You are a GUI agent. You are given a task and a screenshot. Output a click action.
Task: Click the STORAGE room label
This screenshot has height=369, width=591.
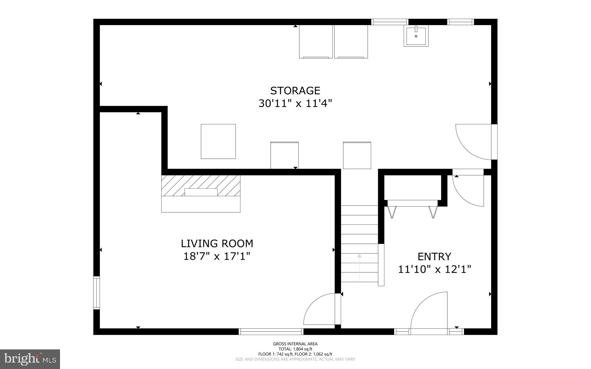point(295,91)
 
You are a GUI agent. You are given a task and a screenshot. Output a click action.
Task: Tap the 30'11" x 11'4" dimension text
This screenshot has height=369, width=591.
point(295,103)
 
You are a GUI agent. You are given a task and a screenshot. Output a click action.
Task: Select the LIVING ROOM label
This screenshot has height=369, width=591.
point(217,243)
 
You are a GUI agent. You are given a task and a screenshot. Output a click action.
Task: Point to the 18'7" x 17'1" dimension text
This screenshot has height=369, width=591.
point(217,256)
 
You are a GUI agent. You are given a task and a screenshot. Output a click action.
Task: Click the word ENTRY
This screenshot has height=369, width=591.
point(434,256)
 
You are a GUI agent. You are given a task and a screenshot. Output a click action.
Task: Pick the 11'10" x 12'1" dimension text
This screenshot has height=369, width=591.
point(434,269)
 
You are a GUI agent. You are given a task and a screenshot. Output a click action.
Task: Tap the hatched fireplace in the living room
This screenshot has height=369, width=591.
point(201,185)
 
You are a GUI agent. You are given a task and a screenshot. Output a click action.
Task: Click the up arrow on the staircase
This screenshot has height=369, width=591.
point(359,256)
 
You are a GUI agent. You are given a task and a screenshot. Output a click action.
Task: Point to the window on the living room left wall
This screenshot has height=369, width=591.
point(96,293)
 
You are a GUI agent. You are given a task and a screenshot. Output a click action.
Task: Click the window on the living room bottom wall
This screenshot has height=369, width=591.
point(271,331)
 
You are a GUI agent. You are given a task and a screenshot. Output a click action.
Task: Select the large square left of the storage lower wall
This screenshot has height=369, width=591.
point(218,141)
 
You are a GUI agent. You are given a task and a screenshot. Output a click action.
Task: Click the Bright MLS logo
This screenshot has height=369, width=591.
point(30,359)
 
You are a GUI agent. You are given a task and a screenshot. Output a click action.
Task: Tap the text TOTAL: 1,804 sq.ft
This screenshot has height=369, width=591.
point(295,349)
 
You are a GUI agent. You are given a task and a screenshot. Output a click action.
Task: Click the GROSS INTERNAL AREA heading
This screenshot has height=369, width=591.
point(295,344)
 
